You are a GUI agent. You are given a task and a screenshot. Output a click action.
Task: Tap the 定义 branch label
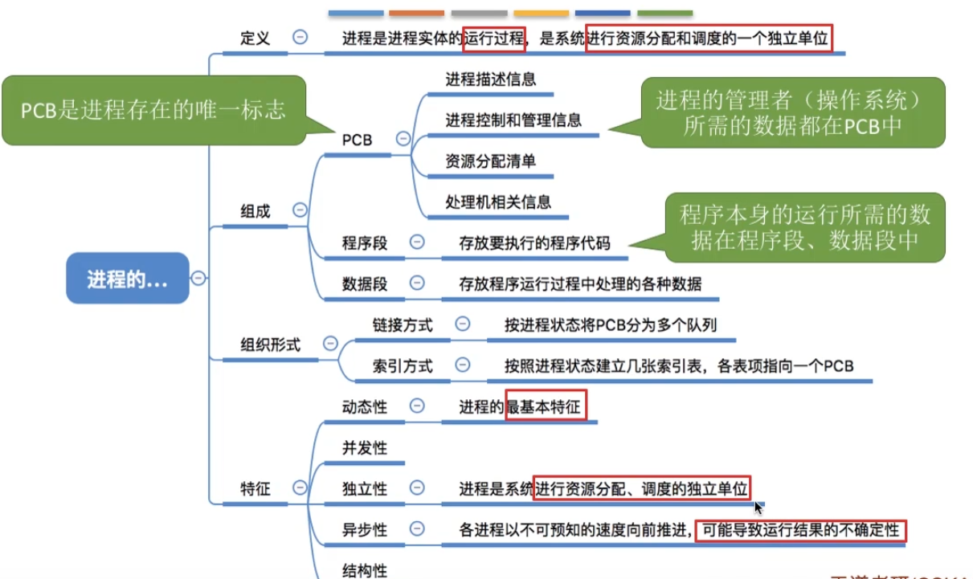tap(255, 38)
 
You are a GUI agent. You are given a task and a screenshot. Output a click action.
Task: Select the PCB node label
tap(357, 140)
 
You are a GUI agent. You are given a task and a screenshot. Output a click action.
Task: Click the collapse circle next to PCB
tap(403, 139)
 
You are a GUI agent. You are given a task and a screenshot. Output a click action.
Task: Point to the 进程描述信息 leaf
tap(490, 80)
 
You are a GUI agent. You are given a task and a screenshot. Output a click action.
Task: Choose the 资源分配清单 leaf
tap(490, 161)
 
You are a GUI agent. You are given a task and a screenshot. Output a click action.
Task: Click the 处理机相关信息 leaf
tap(498, 202)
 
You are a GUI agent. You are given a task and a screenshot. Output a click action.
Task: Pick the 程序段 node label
tap(364, 243)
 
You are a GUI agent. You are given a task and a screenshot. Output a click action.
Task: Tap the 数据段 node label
tap(364, 283)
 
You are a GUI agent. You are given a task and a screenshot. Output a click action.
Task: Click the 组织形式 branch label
tap(271, 345)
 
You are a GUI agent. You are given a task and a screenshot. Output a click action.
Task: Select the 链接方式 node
tap(402, 325)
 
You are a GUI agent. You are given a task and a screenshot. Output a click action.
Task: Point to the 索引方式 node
tap(402, 366)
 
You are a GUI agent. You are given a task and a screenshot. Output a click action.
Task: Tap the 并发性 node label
tap(364, 448)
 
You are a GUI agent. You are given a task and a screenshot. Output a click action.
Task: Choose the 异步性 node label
tap(364, 530)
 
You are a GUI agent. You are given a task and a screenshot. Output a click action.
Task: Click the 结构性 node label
tap(364, 570)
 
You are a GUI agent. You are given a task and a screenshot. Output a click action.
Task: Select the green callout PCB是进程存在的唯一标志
tap(153, 110)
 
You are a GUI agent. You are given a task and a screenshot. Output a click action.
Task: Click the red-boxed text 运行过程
tap(494, 38)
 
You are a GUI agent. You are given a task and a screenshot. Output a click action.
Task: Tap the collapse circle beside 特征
tap(300, 487)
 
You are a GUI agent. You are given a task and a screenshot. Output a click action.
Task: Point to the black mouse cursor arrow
tap(758, 507)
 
